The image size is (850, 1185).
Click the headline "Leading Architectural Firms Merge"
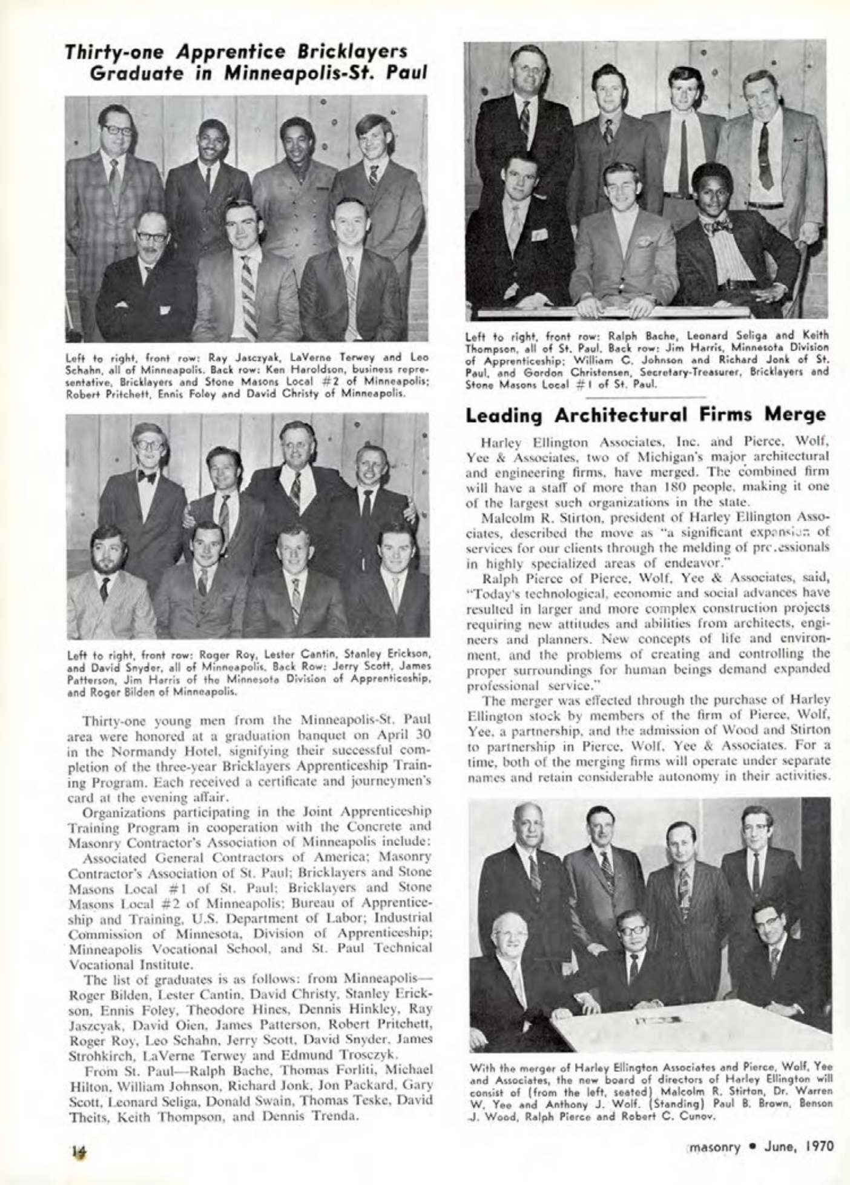coord(645,415)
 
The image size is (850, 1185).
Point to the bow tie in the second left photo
coord(147,477)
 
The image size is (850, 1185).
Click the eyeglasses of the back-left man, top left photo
coord(117,130)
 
